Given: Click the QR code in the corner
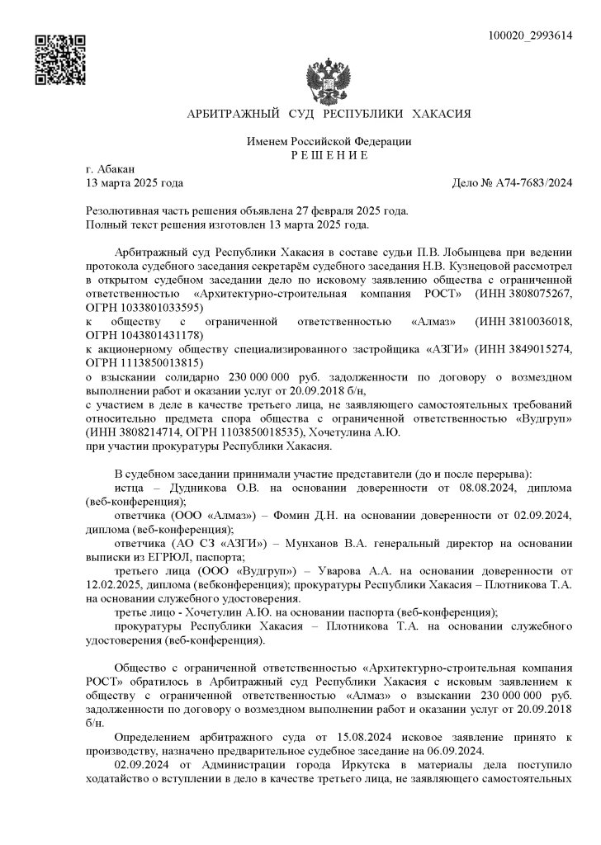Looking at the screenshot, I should click(60, 60).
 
